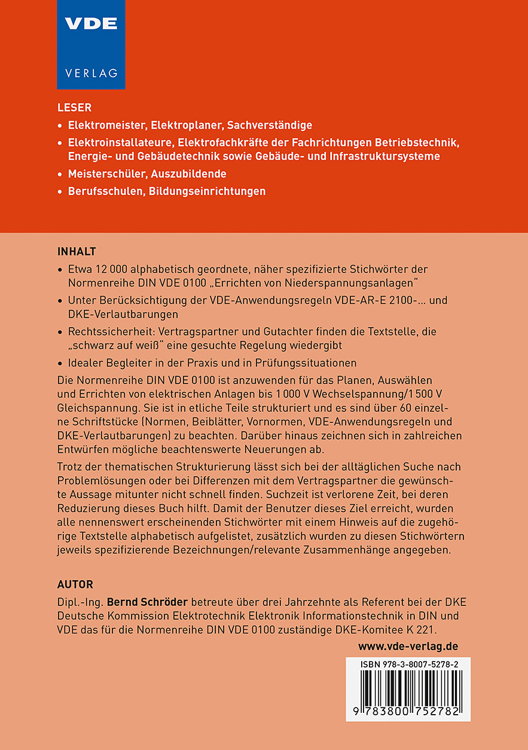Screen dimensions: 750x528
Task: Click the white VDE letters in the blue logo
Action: point(91,25)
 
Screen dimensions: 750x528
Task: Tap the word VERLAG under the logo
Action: point(91,73)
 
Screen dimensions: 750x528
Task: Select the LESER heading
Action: point(74,108)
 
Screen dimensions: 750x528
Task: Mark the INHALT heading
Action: point(77,251)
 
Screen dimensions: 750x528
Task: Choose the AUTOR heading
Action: point(75,584)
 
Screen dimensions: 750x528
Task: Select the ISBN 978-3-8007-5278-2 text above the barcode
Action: point(410,664)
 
